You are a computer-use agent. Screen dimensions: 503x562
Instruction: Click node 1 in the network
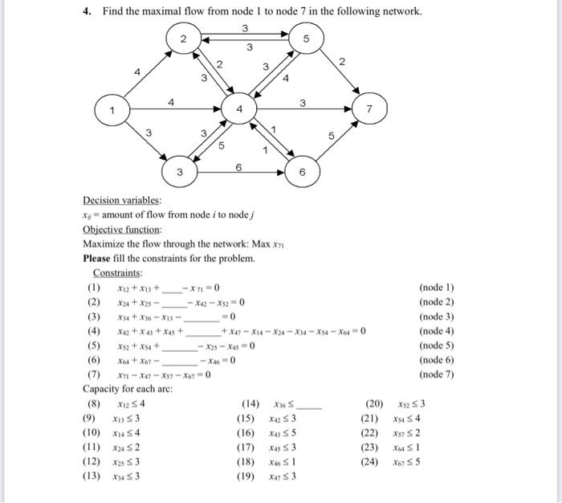click(113, 109)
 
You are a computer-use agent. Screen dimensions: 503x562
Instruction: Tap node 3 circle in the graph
click(180, 172)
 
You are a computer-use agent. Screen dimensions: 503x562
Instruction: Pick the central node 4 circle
click(238, 108)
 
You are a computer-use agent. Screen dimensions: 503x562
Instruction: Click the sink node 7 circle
click(370, 108)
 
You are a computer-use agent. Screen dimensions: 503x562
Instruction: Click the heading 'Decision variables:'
click(122, 201)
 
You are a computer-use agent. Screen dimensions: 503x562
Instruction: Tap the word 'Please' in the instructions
click(98, 259)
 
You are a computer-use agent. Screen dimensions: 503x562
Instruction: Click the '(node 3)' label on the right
click(437, 317)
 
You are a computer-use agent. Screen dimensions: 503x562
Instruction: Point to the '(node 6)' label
click(437, 361)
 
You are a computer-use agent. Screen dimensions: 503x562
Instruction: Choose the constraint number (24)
click(375, 463)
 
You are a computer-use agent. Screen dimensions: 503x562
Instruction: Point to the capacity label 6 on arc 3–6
click(238, 165)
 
